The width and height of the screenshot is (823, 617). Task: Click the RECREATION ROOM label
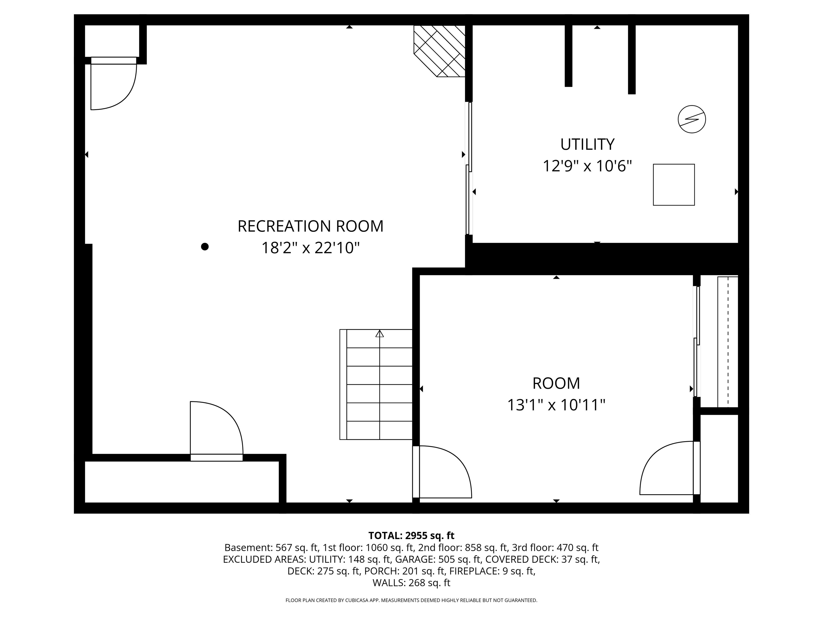(310, 226)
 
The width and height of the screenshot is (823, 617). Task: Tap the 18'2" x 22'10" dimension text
(310, 248)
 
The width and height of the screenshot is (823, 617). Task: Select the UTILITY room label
(587, 144)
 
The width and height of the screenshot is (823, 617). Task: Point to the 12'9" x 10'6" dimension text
(587, 166)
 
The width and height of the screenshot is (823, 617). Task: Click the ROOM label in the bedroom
(556, 383)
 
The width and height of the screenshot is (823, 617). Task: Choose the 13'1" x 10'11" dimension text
(556, 405)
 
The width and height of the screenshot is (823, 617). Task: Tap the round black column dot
(205, 247)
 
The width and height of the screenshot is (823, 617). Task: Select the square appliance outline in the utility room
(674, 185)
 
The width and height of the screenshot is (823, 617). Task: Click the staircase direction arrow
(380, 334)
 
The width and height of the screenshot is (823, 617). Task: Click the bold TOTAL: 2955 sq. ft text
(411, 536)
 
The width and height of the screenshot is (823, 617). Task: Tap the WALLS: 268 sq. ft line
(411, 583)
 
